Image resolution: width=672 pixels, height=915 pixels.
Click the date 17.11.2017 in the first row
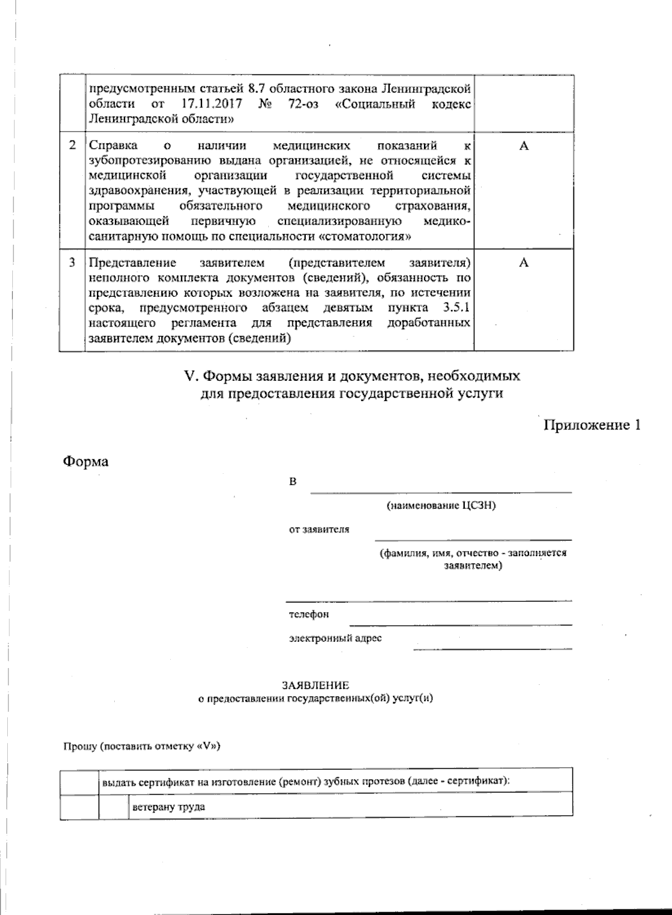coord(214,104)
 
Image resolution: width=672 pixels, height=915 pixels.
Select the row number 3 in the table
coord(72,263)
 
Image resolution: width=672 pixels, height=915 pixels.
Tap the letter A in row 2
coord(524,146)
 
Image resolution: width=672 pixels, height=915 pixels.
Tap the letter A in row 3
coord(524,263)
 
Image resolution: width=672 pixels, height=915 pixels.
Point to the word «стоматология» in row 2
coord(365,236)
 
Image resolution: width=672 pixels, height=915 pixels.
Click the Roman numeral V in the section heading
coord(189,376)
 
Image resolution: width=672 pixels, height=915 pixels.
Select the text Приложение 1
coord(592,426)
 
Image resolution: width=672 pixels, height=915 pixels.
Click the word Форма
coord(85,462)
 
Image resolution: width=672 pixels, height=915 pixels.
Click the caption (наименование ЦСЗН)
coord(441,506)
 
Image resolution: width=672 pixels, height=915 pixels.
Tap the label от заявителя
coord(319,529)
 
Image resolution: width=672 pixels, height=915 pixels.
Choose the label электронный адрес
coord(335,638)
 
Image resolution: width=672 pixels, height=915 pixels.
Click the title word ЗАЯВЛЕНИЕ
coord(315,685)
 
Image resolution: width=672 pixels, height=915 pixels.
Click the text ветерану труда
coord(169,807)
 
